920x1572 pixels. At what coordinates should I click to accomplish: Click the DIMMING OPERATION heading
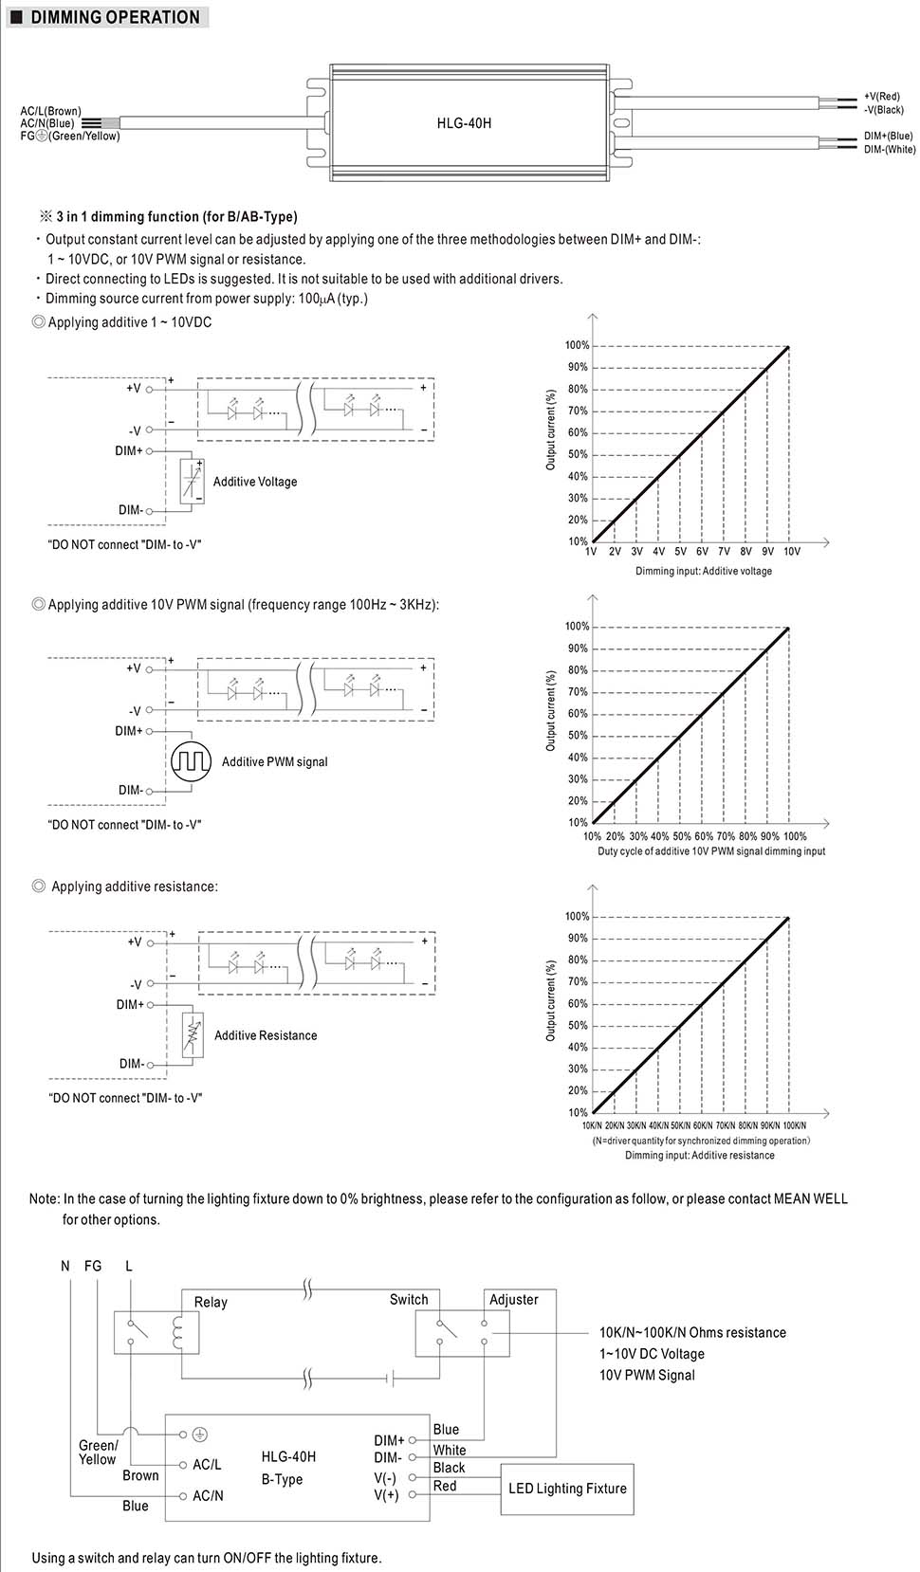[115, 17]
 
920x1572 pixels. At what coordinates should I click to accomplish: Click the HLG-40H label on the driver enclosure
[464, 123]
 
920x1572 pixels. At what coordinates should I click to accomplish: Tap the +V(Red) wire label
[882, 97]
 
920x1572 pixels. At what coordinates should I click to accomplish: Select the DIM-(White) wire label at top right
[890, 150]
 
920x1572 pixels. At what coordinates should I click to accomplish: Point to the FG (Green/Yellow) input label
[71, 137]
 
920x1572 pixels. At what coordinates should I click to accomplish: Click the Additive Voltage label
[255, 482]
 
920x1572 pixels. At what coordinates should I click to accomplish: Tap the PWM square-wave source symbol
[190, 761]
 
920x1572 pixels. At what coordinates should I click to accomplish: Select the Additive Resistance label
[266, 1035]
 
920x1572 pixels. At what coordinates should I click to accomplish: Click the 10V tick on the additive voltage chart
[791, 552]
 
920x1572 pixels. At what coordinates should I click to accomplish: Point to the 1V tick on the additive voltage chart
[590, 552]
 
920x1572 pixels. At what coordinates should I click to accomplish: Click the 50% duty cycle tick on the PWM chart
[682, 837]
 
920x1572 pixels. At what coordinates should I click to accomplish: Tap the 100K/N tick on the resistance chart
[794, 1125]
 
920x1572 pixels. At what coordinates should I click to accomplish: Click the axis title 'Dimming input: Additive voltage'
[704, 572]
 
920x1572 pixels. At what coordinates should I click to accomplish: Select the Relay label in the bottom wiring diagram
[211, 1302]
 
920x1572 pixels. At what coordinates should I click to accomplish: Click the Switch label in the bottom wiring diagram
[409, 1300]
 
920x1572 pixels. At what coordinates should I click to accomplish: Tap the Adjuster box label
[514, 1300]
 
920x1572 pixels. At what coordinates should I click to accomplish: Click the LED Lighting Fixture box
[567, 1489]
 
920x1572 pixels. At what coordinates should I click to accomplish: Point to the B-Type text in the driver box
[282, 1479]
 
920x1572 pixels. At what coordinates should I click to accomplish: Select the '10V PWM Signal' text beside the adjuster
[647, 1375]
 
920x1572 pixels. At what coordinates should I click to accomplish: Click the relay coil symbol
[177, 1332]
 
